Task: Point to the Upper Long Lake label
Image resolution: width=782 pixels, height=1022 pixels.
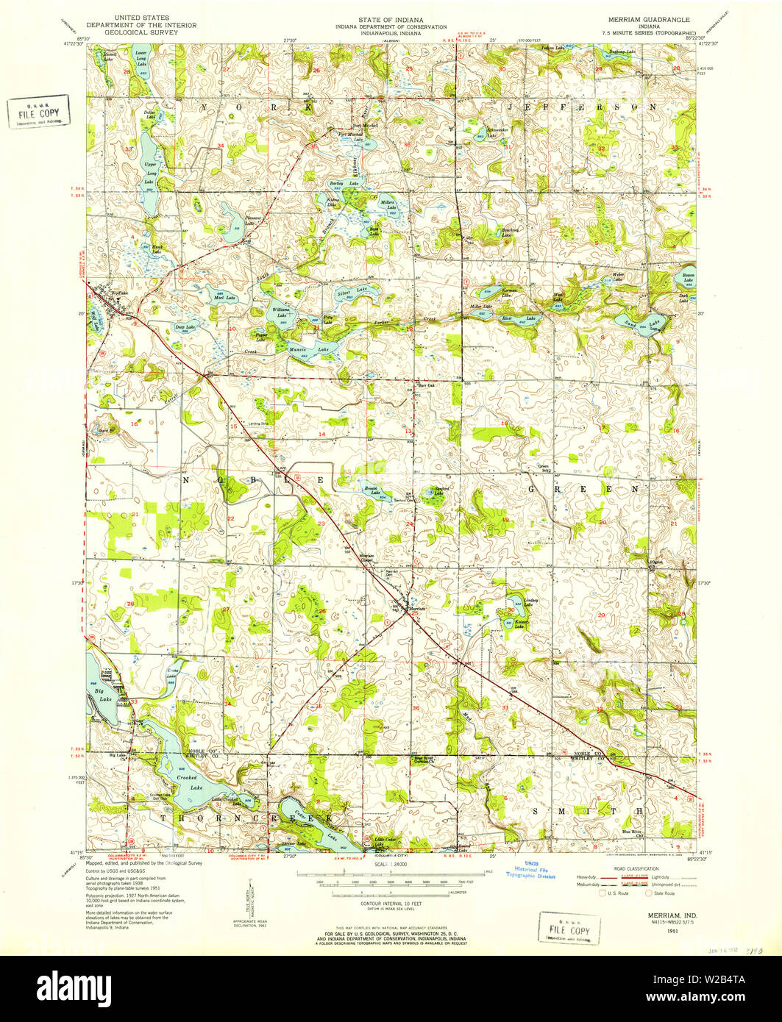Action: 150,173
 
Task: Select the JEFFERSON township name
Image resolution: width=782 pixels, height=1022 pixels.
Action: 581,107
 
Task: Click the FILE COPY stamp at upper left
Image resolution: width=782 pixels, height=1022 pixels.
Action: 39,111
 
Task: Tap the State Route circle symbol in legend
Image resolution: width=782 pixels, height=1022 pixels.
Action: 648,893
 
